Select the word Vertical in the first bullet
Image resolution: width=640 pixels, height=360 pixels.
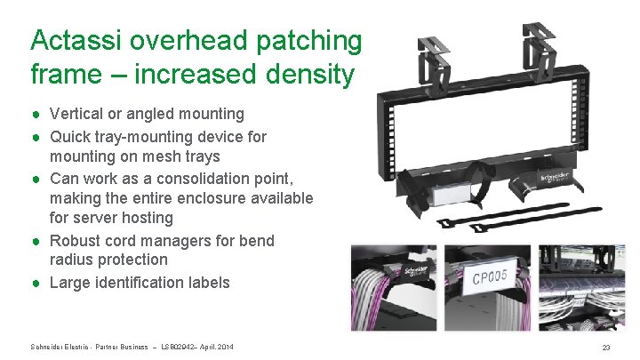coord(78,114)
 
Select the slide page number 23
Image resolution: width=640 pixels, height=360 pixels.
coord(605,347)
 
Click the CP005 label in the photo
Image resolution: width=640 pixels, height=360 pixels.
coord(490,277)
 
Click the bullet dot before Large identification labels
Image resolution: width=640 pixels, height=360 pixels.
coord(36,283)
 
